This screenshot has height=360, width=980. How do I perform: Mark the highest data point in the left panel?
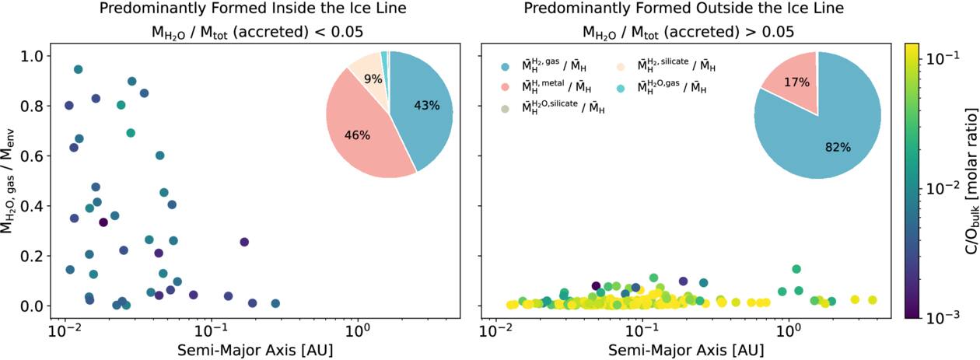pos(78,69)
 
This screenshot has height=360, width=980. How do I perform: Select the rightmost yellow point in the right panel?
pos(872,300)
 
